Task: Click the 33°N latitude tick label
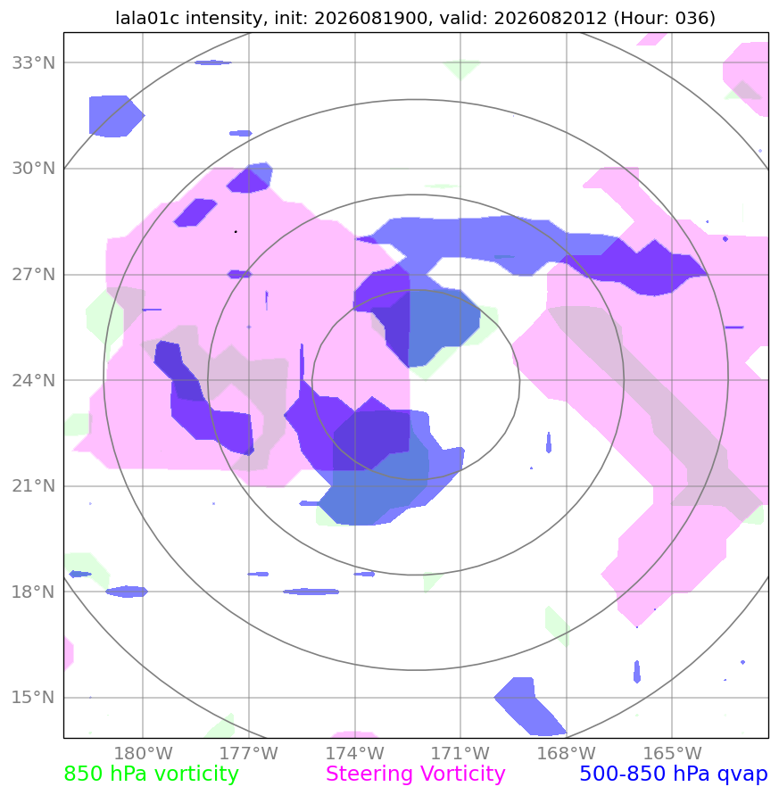(x=34, y=62)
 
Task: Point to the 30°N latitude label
(x=34, y=169)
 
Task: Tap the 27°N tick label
(x=34, y=274)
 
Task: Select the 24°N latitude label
(x=34, y=380)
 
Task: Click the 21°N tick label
(x=34, y=485)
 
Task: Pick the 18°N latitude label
(x=34, y=592)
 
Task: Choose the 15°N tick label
(x=34, y=697)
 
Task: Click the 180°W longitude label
(x=143, y=753)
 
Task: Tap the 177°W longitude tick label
(x=248, y=753)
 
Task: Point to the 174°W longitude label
(x=354, y=753)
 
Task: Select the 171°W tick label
(x=460, y=753)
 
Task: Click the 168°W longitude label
(x=566, y=753)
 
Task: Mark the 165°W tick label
(x=672, y=753)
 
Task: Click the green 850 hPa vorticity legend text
(x=151, y=774)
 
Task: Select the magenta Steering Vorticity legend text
(x=415, y=774)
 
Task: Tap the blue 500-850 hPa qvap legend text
(x=674, y=774)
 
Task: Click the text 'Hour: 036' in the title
(x=665, y=18)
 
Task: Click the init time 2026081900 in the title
(x=370, y=18)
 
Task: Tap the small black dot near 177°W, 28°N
(x=236, y=232)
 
